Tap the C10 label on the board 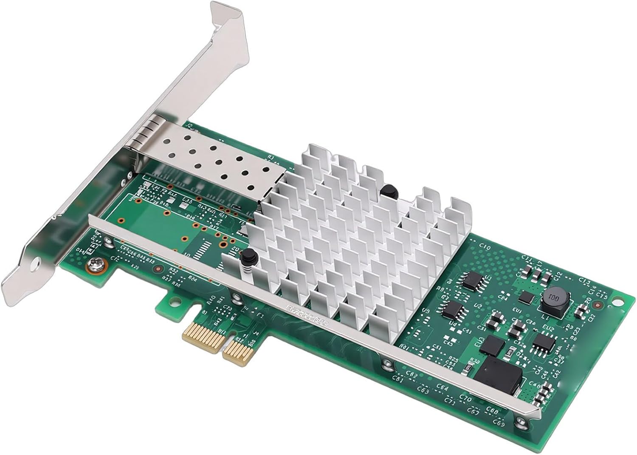(x=484, y=247)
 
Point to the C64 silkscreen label (x=442, y=388)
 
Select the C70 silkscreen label (x=465, y=398)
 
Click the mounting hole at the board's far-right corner (x=598, y=305)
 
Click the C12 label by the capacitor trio (x=558, y=275)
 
